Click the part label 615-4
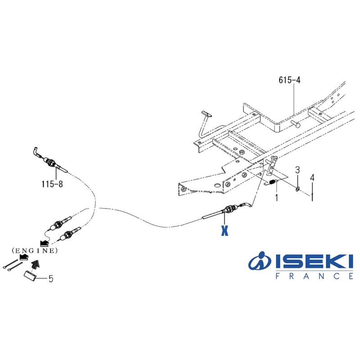(x=289, y=80)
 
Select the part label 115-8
(x=52, y=184)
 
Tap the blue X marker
(x=225, y=230)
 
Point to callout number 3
(x=297, y=170)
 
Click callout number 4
(x=312, y=177)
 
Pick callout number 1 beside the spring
(x=276, y=198)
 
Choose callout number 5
(x=51, y=279)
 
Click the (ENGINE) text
(x=35, y=251)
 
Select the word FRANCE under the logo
(x=314, y=276)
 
